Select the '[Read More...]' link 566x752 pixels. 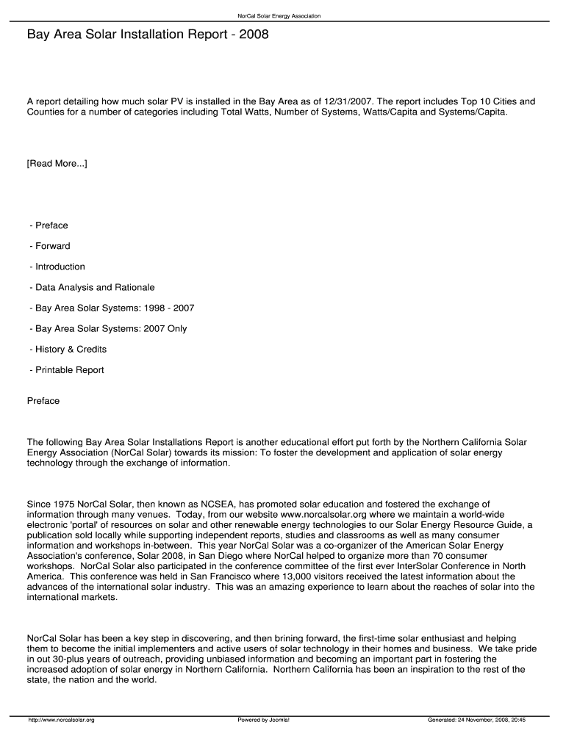click(57, 163)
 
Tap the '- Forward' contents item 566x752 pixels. click(50, 246)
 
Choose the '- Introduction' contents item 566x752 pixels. click(57, 267)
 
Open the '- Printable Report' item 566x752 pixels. click(67, 369)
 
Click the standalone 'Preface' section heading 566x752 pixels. click(43, 401)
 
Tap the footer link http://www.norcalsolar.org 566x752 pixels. click(62, 720)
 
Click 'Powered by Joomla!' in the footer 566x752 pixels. click(263, 720)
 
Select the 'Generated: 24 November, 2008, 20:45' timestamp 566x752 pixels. click(476, 720)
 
